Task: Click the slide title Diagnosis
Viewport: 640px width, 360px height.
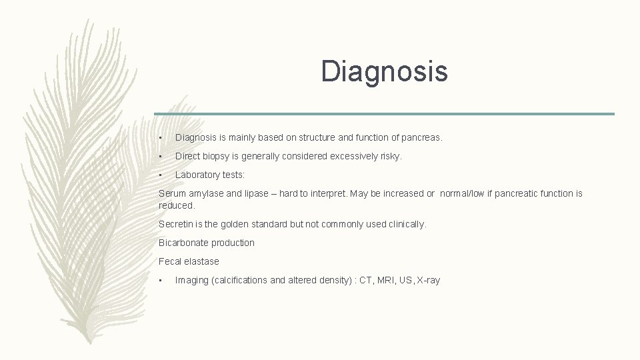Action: [384, 71]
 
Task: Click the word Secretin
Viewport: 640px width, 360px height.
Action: [176, 225]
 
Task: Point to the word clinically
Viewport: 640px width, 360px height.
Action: [402, 225]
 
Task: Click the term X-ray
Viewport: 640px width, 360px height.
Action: [428, 281]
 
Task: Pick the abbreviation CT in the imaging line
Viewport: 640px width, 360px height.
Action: [365, 281]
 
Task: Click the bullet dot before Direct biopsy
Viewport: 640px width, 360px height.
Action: [161, 157]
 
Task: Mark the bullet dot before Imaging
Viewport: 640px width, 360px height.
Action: [161, 281]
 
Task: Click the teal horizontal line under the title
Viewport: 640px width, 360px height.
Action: [384, 113]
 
